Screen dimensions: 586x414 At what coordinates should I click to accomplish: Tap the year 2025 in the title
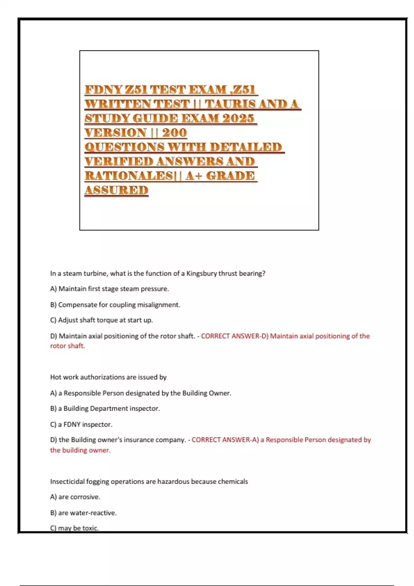coord(238,118)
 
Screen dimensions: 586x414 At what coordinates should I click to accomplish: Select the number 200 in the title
coord(174,132)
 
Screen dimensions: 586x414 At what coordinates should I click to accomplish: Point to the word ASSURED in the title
coord(116,190)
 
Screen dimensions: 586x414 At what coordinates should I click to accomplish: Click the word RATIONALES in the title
coord(128,175)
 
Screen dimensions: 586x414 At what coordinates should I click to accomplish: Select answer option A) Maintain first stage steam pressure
coord(109,289)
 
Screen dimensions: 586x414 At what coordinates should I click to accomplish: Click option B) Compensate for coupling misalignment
coord(115,305)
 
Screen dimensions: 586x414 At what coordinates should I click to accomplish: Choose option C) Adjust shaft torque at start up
coord(101,320)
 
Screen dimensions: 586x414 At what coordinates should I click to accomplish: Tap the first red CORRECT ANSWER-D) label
coord(235,336)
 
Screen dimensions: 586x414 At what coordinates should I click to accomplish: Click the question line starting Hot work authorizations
coord(108,377)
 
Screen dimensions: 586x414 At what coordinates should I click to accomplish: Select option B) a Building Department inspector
coord(105,408)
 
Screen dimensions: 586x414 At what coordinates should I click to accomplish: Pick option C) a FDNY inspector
coord(81,424)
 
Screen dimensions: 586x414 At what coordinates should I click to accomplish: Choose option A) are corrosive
coord(75,497)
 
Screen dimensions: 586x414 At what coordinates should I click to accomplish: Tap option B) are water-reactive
coord(83,513)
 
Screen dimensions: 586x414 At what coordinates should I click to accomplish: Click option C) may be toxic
coord(75,528)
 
